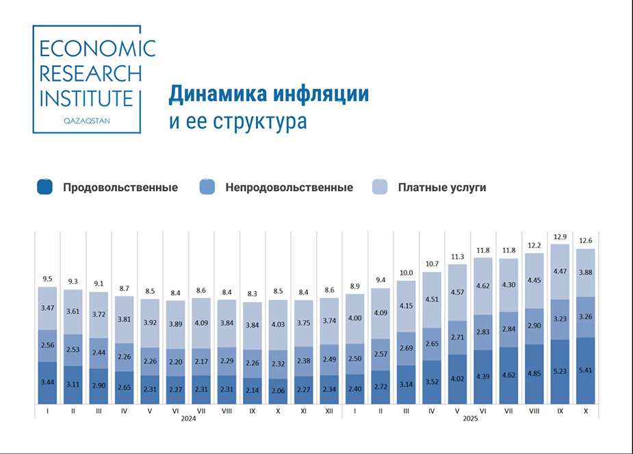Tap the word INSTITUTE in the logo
pyautogui.click(x=86, y=97)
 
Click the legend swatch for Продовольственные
pyautogui.click(x=45, y=187)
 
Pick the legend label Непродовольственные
pyautogui.click(x=289, y=187)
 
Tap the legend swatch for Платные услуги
pyautogui.click(x=380, y=187)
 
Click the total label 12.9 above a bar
pyautogui.click(x=560, y=236)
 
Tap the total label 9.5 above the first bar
pyautogui.click(x=47, y=279)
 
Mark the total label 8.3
pyautogui.click(x=252, y=293)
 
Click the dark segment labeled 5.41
pyautogui.click(x=585, y=370)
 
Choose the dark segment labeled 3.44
pyautogui.click(x=47, y=382)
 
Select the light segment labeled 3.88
pyautogui.click(x=585, y=273)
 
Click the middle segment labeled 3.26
pyautogui.click(x=585, y=316)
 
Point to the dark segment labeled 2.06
pyautogui.click(x=278, y=391)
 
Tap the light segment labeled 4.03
pyautogui.click(x=278, y=325)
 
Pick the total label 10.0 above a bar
pyautogui.click(x=406, y=273)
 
